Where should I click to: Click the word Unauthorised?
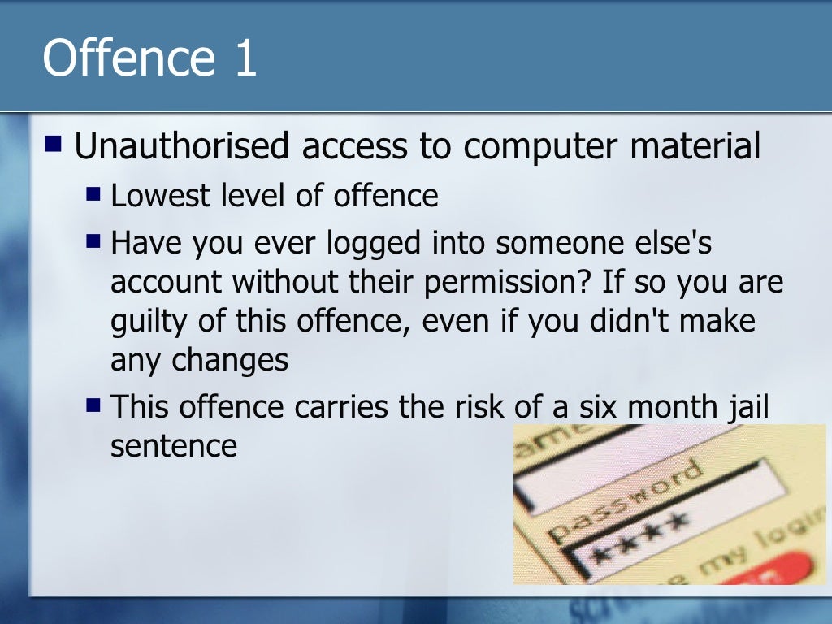click(x=182, y=147)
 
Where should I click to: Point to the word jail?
click(x=748, y=405)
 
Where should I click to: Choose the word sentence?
click(x=174, y=445)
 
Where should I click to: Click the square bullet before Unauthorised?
click(x=54, y=145)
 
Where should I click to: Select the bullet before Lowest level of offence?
click(x=94, y=195)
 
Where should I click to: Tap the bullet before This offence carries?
click(x=94, y=404)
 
